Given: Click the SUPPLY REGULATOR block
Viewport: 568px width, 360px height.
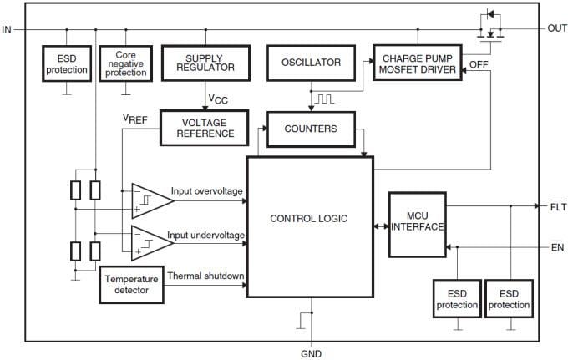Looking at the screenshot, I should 205,62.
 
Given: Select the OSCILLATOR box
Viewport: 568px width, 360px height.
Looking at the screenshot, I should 310,63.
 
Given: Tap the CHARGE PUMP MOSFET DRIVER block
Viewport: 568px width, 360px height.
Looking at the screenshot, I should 418,63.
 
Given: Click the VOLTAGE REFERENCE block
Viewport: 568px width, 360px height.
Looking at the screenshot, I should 204,128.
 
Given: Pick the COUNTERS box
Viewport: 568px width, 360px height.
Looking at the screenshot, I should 310,129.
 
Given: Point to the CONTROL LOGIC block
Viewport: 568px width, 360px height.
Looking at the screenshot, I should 309,219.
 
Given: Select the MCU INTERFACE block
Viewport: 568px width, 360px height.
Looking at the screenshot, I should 418,225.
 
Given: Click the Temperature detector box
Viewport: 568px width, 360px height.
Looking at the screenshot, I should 131,284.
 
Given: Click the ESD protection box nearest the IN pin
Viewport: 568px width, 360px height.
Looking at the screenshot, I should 67,63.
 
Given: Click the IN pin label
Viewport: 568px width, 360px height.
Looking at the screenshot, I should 8,29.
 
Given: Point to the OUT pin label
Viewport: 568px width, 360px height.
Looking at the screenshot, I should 557,28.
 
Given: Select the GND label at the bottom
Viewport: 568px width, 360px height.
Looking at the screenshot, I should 310,353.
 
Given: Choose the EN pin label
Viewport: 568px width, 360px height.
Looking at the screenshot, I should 556,246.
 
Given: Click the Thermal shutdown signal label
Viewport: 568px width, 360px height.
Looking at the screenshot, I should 205,276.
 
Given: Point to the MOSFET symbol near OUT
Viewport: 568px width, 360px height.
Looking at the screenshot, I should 490,25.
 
